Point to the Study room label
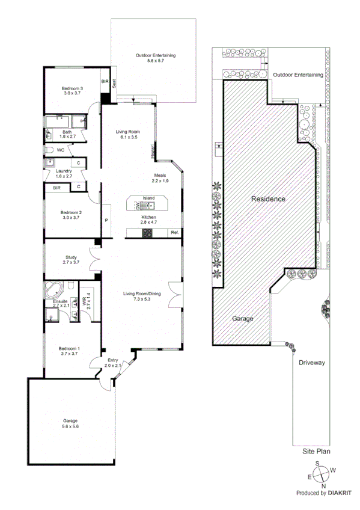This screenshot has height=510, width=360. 71,259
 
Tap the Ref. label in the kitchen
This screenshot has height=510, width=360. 174,232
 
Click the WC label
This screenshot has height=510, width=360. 60,150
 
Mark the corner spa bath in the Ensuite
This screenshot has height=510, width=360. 53,287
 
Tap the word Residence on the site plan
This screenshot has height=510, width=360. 268,198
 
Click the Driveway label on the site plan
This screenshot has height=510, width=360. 311,363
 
